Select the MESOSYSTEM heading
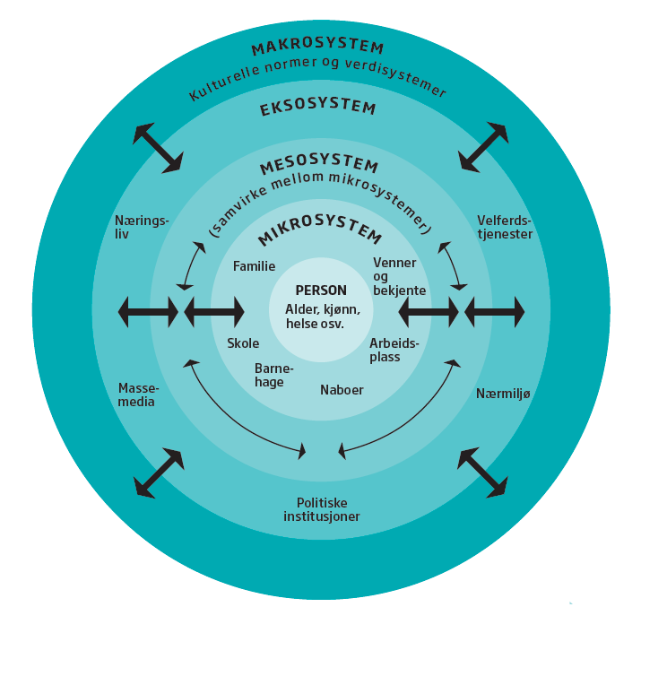[x=318, y=167]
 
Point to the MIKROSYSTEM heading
[x=319, y=235]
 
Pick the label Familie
[x=254, y=266]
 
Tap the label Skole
[x=243, y=343]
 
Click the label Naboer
[x=342, y=390]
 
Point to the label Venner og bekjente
[x=399, y=276]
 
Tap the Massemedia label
[x=138, y=395]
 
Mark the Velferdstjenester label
[x=505, y=227]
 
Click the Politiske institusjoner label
[x=322, y=510]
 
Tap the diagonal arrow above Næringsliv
[x=158, y=148]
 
